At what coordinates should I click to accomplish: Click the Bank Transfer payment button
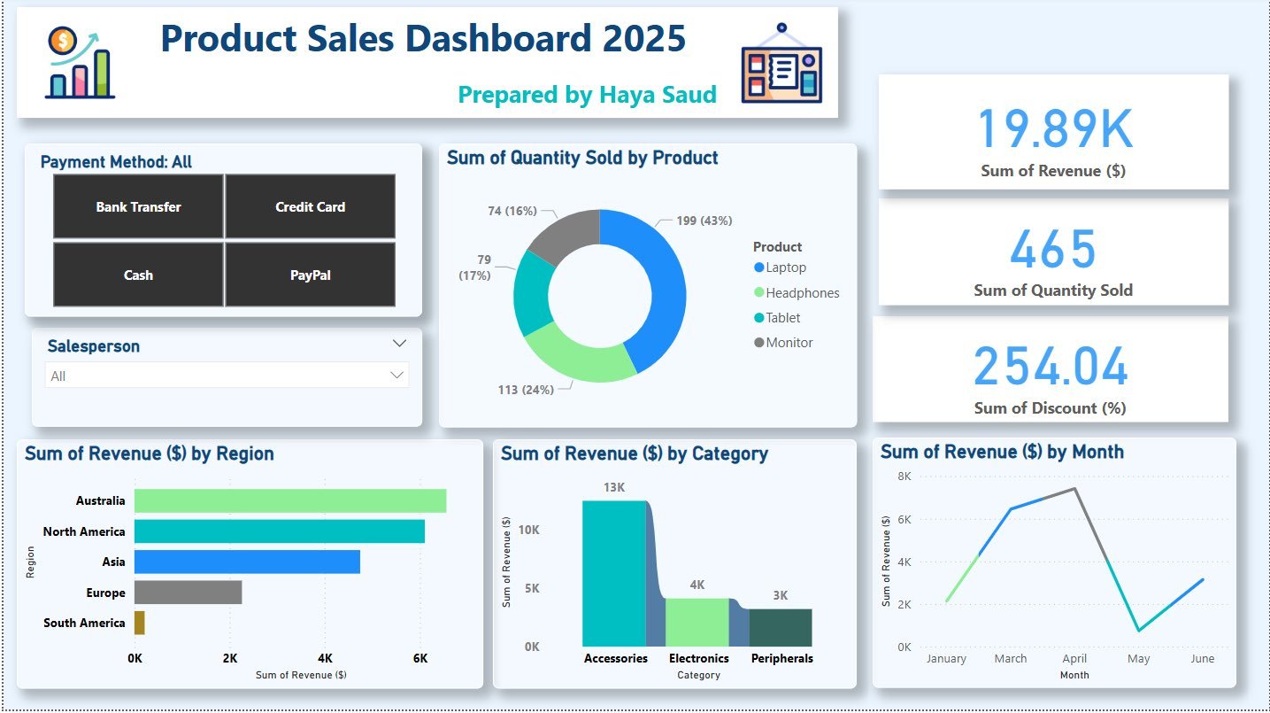coord(138,206)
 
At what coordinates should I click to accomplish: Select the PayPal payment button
coord(310,275)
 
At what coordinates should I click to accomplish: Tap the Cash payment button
coord(138,275)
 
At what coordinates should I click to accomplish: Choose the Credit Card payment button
coord(310,206)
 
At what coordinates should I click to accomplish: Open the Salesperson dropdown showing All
coord(227,376)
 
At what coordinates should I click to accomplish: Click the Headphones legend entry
coord(802,292)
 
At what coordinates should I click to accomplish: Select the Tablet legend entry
coord(782,317)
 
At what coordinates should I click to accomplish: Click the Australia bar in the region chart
coord(290,500)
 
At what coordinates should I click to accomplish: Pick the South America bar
coord(140,623)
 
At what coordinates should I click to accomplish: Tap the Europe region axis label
coord(105,593)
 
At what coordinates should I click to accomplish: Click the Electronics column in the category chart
coord(697,622)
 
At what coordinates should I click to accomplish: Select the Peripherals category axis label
coord(781,658)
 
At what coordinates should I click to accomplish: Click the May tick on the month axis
coord(1138,658)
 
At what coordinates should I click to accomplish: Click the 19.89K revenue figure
coord(1053,128)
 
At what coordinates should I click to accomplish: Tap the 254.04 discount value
coord(1051,367)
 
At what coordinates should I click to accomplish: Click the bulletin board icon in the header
coord(781,63)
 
